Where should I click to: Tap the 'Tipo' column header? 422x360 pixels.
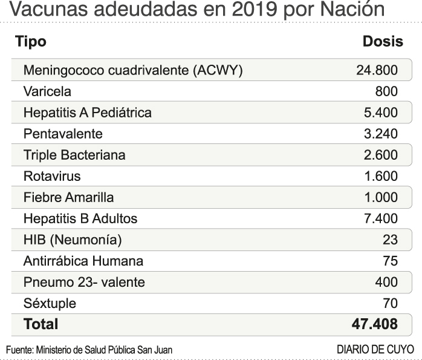(x=31, y=42)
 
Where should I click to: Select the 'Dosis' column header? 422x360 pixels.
(x=383, y=42)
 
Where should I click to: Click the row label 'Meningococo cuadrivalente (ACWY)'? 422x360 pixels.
(x=133, y=70)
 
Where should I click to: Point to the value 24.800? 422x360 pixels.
(x=377, y=70)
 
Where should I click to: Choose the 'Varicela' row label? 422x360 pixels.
(x=47, y=91)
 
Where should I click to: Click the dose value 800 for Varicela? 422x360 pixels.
(x=386, y=91)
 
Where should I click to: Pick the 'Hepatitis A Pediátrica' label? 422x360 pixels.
(x=88, y=113)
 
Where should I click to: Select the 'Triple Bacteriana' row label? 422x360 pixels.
(x=74, y=155)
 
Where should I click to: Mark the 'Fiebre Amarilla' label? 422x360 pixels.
(x=68, y=197)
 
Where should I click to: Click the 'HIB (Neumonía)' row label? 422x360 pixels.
(x=73, y=240)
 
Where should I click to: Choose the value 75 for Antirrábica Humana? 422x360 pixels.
(x=390, y=261)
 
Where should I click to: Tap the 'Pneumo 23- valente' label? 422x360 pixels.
(x=84, y=282)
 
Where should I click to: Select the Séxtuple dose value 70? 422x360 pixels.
(x=390, y=303)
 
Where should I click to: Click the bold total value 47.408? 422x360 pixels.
(x=374, y=324)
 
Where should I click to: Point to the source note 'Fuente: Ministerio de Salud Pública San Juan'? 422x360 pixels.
(x=89, y=350)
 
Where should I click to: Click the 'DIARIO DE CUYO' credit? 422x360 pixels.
(x=375, y=350)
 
